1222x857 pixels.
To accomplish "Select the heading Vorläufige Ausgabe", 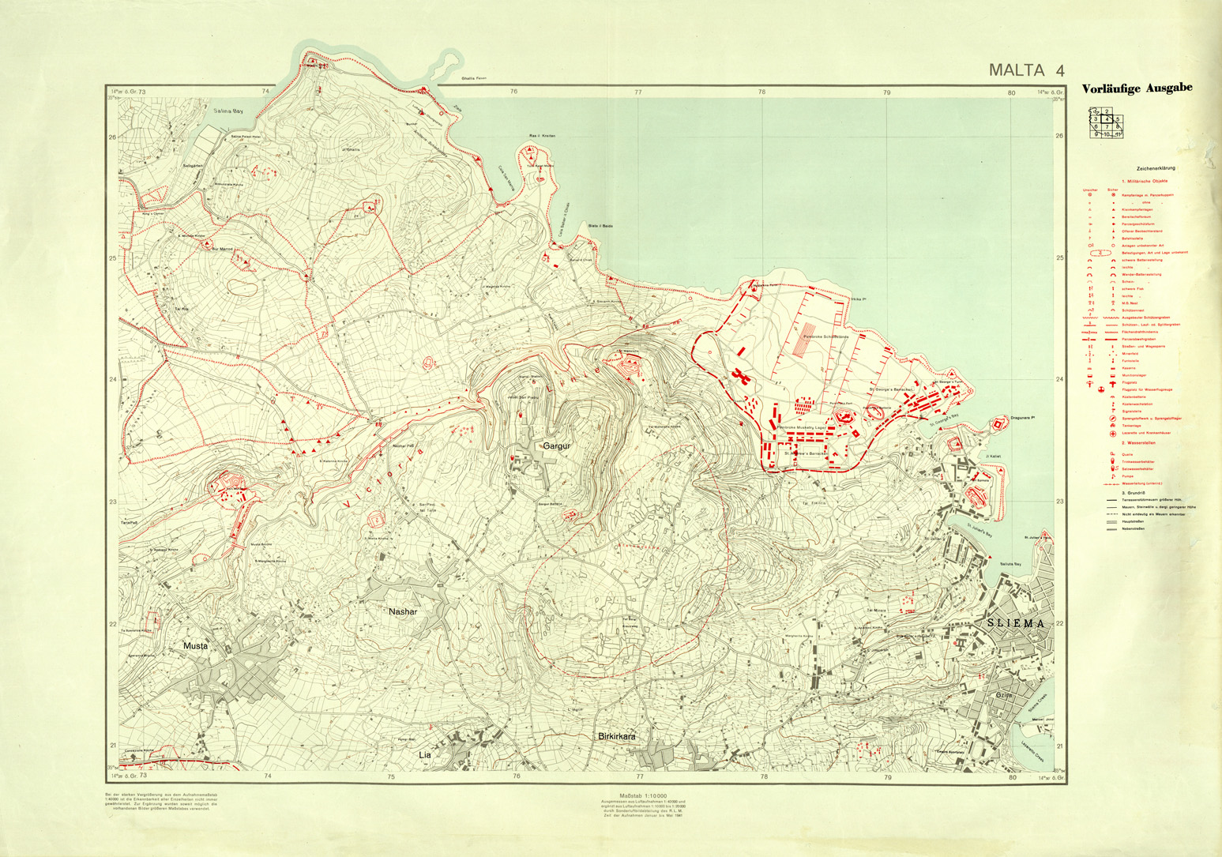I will pyautogui.click(x=1137, y=88).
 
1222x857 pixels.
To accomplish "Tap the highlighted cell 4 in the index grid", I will pyautogui.click(x=1107, y=118).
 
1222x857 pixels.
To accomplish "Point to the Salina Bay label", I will pyautogui.click(x=228, y=111).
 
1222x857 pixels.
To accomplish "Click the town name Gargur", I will pyautogui.click(x=556, y=446).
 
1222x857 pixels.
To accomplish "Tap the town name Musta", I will pyautogui.click(x=195, y=646).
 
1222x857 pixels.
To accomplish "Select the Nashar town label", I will pyautogui.click(x=402, y=611).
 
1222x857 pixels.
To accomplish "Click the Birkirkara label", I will pyautogui.click(x=617, y=736).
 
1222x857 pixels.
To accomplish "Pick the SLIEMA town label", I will pyautogui.click(x=1016, y=623).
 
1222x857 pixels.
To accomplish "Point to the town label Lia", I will pyautogui.click(x=425, y=755).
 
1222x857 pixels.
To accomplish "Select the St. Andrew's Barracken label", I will pyautogui.click(x=807, y=453).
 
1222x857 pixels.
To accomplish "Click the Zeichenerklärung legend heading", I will pyautogui.click(x=1156, y=168).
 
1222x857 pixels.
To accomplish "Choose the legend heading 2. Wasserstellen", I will pyautogui.click(x=1138, y=443).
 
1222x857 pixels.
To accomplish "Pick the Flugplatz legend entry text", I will pyautogui.click(x=1130, y=382).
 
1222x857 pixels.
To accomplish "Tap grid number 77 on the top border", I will pyautogui.click(x=638, y=92).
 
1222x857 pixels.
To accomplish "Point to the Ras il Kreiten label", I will pyautogui.click(x=541, y=136).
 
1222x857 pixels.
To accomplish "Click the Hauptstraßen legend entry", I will pyautogui.click(x=1134, y=522).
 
